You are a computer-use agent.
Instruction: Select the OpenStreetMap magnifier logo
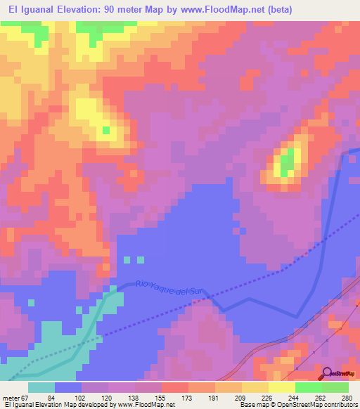328,374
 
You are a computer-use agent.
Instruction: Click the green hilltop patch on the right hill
287,166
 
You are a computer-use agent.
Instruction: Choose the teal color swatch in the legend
41,387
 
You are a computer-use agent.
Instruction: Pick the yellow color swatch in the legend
255,387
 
